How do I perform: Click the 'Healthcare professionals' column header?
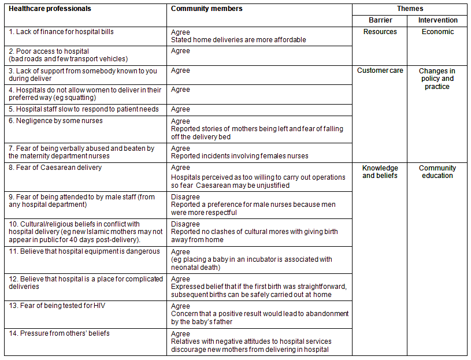click(50, 9)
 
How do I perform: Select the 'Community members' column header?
click(207, 9)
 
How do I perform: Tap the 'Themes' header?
click(410, 9)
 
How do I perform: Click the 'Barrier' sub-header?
click(380, 20)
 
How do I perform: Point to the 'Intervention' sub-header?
click(437, 20)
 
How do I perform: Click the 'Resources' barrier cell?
click(380, 32)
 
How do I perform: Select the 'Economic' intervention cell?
click(437, 32)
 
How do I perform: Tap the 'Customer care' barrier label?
click(380, 70)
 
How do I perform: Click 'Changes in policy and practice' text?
click(437, 79)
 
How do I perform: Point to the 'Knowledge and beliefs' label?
click(380, 172)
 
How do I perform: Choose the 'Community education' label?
click(437, 172)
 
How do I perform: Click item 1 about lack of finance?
click(61, 32)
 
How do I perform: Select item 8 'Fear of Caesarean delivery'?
click(55, 168)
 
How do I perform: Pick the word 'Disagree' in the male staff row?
click(186, 197)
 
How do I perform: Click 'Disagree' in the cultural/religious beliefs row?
click(186, 224)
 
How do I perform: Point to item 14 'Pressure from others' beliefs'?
click(59, 333)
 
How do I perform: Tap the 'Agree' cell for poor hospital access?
click(181, 51)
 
